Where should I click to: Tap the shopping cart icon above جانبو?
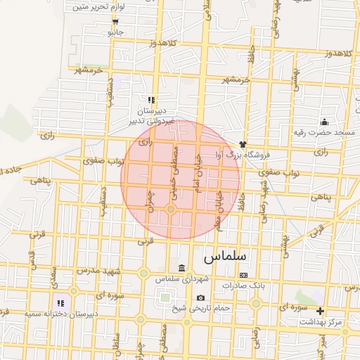click(x=115, y=22)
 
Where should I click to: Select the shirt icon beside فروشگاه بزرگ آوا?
click(x=244, y=143)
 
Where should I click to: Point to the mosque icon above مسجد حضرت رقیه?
click(x=324, y=122)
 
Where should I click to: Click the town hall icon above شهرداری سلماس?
click(x=182, y=269)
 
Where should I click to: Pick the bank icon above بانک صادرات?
click(x=243, y=275)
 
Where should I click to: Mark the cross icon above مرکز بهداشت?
click(x=321, y=311)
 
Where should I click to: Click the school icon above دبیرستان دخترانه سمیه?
click(x=71, y=303)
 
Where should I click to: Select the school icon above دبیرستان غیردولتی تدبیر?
click(x=152, y=100)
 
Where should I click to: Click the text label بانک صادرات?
click(x=242, y=285)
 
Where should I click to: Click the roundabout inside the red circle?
click(x=171, y=210)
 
